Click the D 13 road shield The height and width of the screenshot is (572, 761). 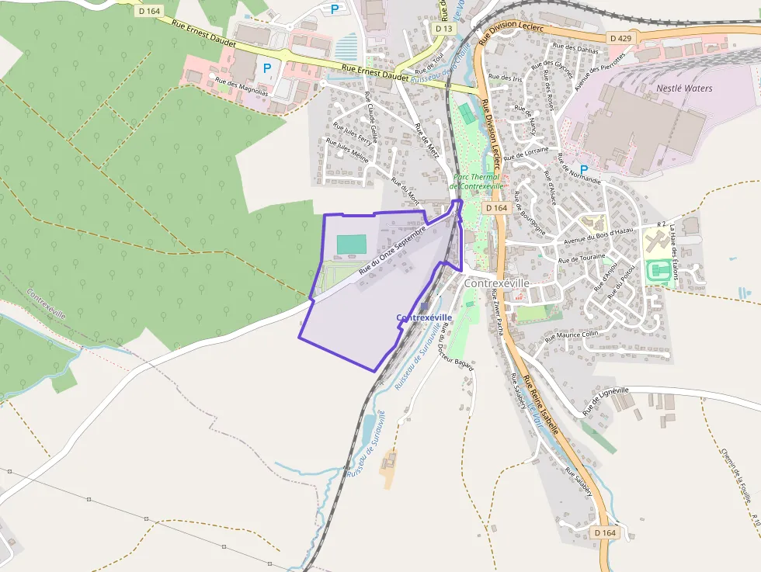(x=443, y=29)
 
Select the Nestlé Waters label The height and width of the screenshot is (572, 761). (x=684, y=88)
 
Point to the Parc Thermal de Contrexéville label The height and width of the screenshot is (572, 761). (x=477, y=182)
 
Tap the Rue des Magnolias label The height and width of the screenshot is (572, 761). (x=242, y=86)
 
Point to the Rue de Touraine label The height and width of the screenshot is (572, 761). (x=582, y=258)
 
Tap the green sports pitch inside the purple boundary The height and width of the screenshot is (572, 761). (x=351, y=244)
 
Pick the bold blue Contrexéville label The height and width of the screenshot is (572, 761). (x=424, y=317)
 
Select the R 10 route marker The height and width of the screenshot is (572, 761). (x=755, y=518)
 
